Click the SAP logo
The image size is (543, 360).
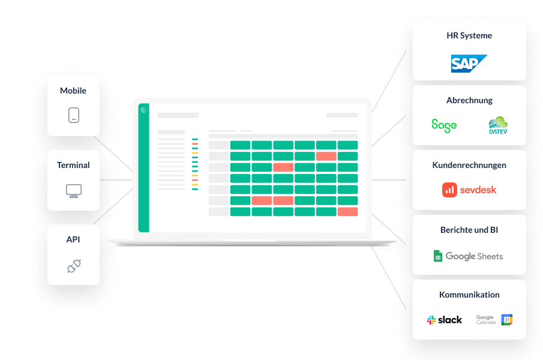469,63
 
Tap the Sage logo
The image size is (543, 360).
444,125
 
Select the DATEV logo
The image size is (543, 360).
498,125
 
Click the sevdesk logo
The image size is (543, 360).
469,190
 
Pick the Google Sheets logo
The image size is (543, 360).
469,256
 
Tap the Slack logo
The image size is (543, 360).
445,320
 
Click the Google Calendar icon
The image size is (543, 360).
507,320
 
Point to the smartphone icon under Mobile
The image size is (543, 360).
73,115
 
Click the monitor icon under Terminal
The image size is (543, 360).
73,191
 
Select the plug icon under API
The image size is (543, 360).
73,266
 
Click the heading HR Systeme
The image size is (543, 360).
469,35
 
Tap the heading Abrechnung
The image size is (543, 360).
469,100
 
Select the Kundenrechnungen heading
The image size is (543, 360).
469,165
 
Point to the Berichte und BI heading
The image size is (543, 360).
469,230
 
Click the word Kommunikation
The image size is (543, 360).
469,295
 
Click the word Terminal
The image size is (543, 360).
73,165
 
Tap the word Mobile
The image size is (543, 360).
73,91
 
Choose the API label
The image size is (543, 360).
73,239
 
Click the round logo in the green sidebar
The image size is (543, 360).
143,110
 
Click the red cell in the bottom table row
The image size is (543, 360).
347,212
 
